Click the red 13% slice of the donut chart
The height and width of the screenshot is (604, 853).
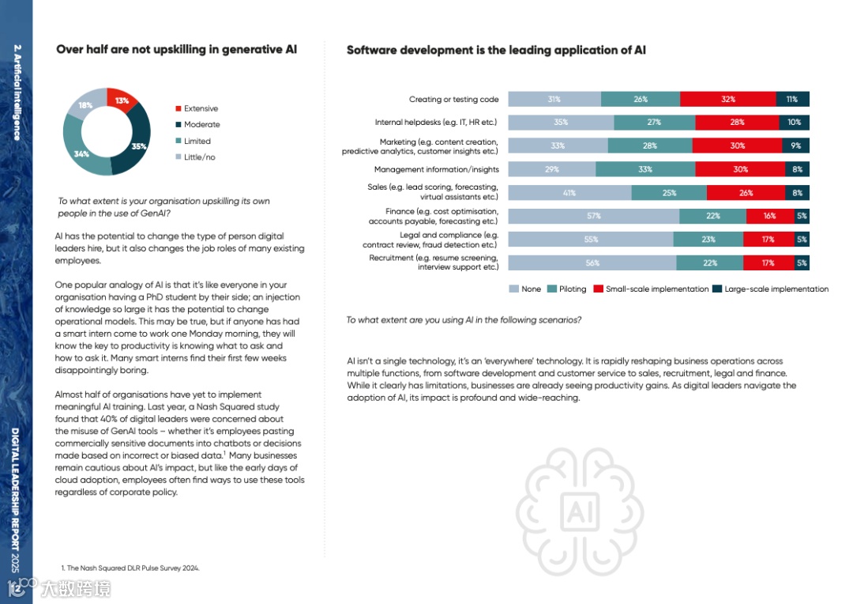pyautogui.click(x=122, y=100)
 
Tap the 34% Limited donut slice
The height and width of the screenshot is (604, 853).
pyautogui.click(x=82, y=153)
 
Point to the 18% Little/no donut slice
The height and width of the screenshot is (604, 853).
pyautogui.click(x=85, y=105)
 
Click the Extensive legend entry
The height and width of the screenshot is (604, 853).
pyautogui.click(x=201, y=108)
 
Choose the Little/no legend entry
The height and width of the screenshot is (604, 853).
pyautogui.click(x=199, y=157)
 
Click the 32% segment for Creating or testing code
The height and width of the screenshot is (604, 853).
pyautogui.click(x=727, y=100)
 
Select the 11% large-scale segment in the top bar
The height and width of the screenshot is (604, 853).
pyautogui.click(x=792, y=100)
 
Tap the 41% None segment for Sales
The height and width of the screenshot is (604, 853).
pyautogui.click(x=569, y=193)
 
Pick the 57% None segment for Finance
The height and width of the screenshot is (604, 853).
pyautogui.click(x=593, y=216)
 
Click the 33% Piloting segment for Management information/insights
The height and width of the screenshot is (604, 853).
pyautogui.click(x=645, y=169)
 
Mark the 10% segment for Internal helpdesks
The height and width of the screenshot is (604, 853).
pyautogui.click(x=794, y=123)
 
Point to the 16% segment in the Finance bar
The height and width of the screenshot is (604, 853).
pyautogui.click(x=769, y=216)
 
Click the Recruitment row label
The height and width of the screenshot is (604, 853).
pyautogui.click(x=434, y=262)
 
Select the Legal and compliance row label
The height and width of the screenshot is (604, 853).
pyautogui.click(x=449, y=240)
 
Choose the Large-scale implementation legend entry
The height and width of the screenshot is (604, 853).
pyautogui.click(x=776, y=289)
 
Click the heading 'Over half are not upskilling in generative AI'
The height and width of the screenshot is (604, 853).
pyautogui.click(x=176, y=50)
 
